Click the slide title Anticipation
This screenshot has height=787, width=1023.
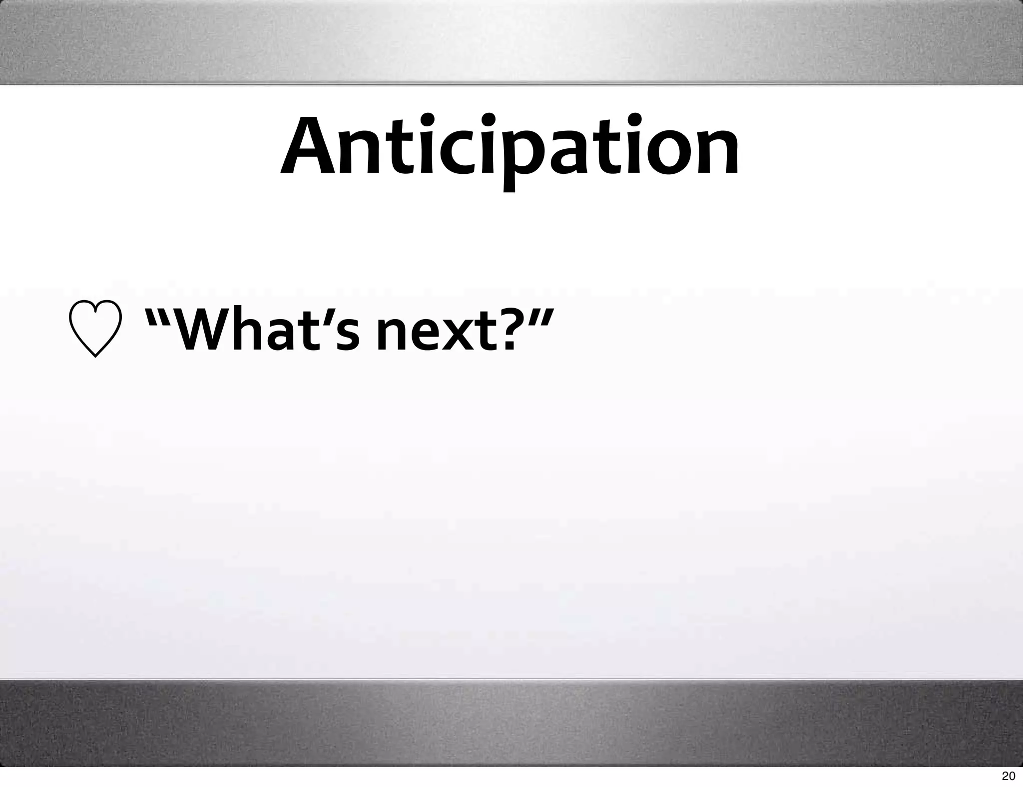pyautogui.click(x=510, y=147)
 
